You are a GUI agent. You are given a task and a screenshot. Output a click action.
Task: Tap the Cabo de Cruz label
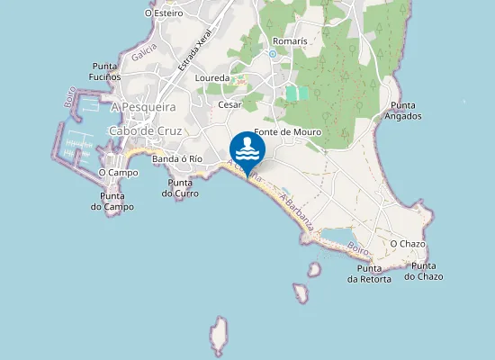click(145, 130)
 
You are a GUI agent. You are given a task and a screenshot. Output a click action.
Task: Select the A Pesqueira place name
click(143, 106)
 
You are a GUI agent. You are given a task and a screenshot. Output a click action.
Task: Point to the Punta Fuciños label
click(106, 71)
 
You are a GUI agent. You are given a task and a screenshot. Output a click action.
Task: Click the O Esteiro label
click(163, 13)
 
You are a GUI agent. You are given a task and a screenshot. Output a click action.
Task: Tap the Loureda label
click(212, 78)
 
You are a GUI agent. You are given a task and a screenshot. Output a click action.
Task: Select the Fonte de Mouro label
click(288, 132)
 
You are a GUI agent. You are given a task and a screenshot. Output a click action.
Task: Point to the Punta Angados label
click(402, 110)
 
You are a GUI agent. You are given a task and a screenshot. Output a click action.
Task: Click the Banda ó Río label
click(177, 159)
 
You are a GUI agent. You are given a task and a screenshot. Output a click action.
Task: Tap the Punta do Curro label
click(180, 188)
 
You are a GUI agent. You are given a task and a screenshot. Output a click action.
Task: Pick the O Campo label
click(118, 172)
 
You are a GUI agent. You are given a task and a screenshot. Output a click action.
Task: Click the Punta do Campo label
click(112, 202)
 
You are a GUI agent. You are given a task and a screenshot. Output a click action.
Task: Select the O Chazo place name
click(407, 244)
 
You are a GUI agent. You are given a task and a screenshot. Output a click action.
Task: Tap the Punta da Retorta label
click(369, 274)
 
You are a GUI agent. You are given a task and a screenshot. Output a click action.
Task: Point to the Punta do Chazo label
click(424, 271)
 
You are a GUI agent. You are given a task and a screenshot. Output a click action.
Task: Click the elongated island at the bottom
click(218, 337)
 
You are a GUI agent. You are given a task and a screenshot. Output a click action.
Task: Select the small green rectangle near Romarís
click(297, 93)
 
